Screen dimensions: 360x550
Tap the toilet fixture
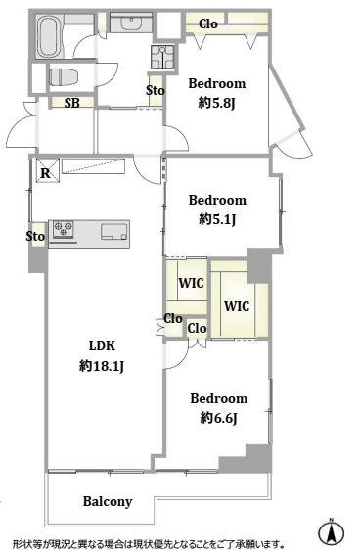pos(61,76)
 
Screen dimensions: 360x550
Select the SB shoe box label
pos(72,103)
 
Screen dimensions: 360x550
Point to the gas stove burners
pos(63,229)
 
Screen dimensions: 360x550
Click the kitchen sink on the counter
pos(114,232)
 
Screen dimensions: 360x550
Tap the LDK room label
pos(102,345)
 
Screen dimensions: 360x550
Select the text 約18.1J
pos(102,366)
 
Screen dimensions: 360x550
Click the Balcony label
pos(108,502)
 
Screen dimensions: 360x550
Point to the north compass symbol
pos(331,532)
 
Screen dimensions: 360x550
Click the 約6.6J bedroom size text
pos(219,418)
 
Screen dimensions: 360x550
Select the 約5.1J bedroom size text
pos(217,219)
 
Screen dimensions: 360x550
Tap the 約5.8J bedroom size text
pos(216,103)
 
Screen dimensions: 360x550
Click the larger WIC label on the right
pos(237,306)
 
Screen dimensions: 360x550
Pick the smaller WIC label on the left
pos(192,283)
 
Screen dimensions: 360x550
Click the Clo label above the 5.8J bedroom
pos(208,23)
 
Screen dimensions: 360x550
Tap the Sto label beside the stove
pos(35,236)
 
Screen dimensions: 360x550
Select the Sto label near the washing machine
pos(156,90)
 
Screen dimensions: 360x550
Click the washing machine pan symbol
pos(162,57)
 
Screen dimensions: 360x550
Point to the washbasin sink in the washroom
pos(131,23)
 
